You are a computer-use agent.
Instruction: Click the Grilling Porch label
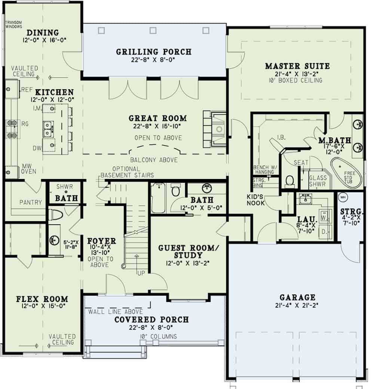click(153, 52)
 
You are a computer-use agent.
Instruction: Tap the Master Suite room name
click(297, 66)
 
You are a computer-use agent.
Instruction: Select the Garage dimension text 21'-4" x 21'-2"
click(297, 306)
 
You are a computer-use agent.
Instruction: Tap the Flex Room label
click(42, 299)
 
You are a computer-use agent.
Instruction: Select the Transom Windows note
click(14, 24)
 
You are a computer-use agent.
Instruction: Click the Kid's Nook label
click(256, 200)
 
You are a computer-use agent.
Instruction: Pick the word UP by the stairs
click(141, 274)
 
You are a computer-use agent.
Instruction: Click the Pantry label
click(31, 203)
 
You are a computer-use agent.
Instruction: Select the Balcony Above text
click(154, 160)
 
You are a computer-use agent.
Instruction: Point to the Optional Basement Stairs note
click(127, 172)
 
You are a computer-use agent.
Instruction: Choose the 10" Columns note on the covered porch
click(156, 336)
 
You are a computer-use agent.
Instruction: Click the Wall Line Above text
click(115, 312)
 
